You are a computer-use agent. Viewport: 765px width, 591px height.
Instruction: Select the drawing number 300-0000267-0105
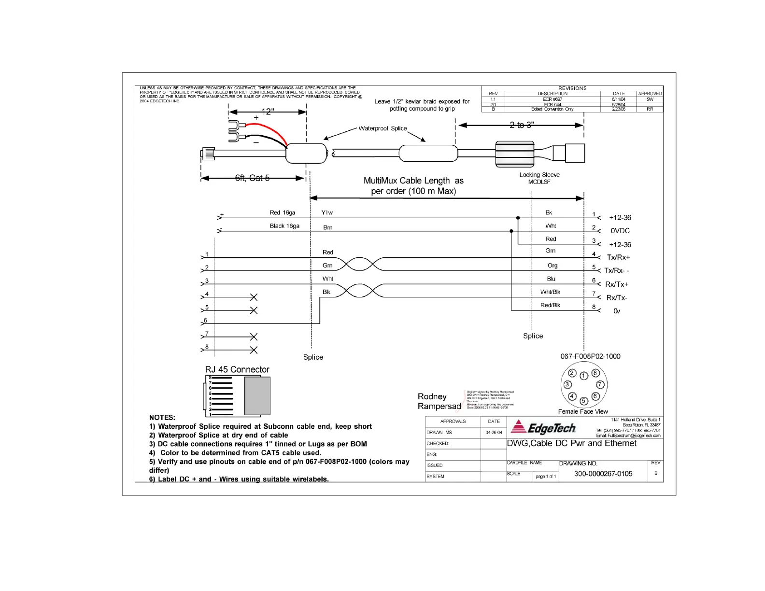tap(603, 474)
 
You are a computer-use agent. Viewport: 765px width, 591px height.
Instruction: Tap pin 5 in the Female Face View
tap(583, 401)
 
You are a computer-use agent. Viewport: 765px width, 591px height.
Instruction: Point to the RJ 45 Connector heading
tap(237, 369)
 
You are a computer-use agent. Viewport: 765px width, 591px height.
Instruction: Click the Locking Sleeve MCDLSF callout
tap(539, 178)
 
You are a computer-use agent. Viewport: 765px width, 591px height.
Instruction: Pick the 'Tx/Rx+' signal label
tap(618, 257)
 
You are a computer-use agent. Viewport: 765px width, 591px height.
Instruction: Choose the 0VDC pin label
tap(620, 231)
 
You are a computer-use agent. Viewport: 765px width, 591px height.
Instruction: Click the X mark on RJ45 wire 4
tap(254, 297)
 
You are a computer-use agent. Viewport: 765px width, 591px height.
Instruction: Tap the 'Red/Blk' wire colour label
tap(550, 305)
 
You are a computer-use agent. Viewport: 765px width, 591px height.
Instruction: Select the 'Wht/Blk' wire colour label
tap(550, 292)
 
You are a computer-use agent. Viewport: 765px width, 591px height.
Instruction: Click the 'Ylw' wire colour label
tap(327, 212)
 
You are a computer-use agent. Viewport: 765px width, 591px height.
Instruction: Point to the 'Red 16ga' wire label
tap(283, 212)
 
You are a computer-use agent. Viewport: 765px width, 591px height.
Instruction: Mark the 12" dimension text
tap(268, 112)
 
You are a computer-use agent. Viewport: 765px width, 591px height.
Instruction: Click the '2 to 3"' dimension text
tap(522, 125)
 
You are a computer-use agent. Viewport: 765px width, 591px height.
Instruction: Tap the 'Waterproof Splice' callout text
tap(382, 128)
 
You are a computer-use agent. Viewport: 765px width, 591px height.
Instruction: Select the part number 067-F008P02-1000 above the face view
tap(590, 356)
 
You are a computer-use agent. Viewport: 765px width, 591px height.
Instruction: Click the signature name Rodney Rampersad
tap(439, 401)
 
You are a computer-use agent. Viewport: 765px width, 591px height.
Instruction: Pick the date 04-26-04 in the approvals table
tap(494, 433)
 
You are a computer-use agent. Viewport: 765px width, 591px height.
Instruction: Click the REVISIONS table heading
tap(572, 88)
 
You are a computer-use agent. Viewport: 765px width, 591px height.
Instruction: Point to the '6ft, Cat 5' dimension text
tap(252, 178)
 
